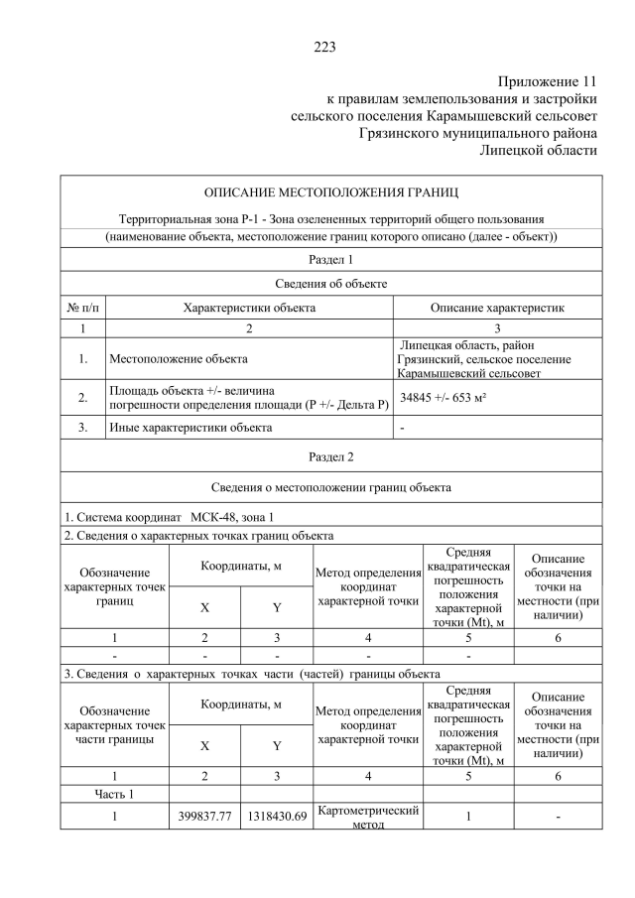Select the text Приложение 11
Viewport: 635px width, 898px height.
[x=548, y=80]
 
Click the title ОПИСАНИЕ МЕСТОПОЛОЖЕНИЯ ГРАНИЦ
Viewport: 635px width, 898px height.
[x=330, y=192]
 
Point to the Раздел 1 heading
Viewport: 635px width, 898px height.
[x=330, y=260]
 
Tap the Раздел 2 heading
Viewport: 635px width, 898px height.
[x=330, y=457]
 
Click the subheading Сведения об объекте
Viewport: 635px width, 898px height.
[x=330, y=284]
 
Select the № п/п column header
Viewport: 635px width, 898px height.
[x=82, y=308]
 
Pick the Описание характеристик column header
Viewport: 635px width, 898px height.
[x=497, y=308]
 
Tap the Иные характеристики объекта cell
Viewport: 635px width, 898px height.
[x=190, y=429]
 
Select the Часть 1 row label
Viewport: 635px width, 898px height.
[x=115, y=793]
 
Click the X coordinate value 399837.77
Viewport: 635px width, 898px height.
[x=204, y=817]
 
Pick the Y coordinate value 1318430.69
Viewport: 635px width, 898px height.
[x=276, y=817]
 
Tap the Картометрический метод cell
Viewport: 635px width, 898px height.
[x=367, y=817]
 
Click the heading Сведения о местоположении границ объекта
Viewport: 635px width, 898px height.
[x=330, y=487]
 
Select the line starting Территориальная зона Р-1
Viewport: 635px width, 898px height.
[x=330, y=218]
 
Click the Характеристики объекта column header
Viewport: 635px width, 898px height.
[x=249, y=308]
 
